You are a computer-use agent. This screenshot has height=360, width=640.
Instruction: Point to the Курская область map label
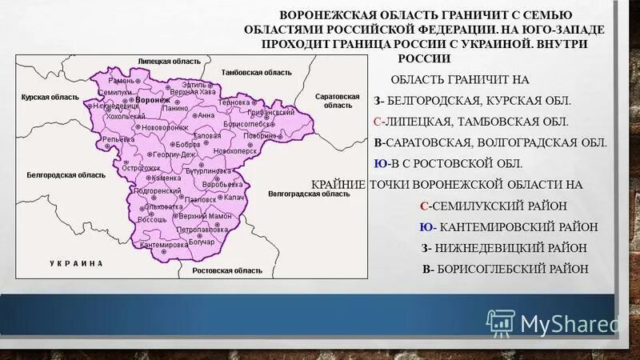pyautogui.click(x=47, y=98)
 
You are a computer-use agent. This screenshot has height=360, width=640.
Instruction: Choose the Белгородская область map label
pyautogui.click(x=66, y=174)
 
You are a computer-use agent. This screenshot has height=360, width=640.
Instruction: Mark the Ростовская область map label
pyautogui.click(x=228, y=270)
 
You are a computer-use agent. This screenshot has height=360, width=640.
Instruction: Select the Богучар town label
pyautogui.click(x=202, y=241)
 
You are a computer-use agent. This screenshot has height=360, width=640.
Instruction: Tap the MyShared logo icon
pyautogui.click(x=500, y=322)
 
